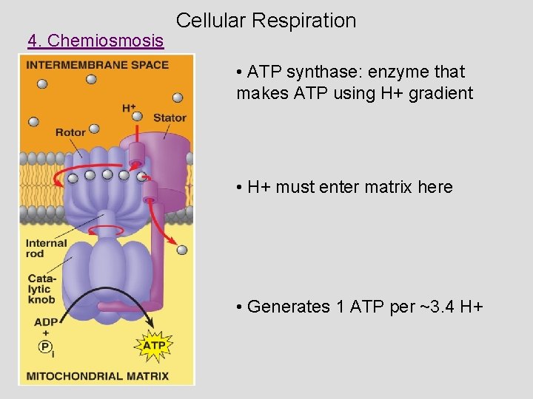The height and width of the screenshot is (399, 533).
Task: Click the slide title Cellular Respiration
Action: tap(266, 21)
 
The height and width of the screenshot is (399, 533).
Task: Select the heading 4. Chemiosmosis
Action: tap(95, 41)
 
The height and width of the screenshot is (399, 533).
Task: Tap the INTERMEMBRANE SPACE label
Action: tap(97, 65)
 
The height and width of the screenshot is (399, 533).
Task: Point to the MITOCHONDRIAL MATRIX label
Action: tap(97, 375)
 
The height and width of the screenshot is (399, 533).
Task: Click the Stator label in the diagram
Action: tap(170, 117)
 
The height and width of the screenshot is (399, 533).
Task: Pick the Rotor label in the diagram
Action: tap(70, 132)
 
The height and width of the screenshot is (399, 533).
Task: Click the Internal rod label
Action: tap(46, 248)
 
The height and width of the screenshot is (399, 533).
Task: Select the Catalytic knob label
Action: tap(41, 289)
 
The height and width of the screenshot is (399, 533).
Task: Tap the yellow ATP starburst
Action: tap(154, 345)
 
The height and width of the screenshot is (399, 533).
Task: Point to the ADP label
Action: tap(44, 322)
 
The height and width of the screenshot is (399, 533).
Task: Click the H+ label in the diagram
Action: tap(129, 109)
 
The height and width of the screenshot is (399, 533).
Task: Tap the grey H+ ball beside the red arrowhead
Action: tap(182, 250)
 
